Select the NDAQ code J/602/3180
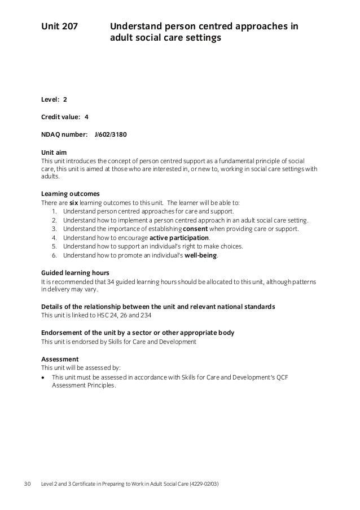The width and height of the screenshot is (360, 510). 115,135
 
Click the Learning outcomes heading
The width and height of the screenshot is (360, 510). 71,194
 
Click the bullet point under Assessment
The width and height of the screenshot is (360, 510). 44,377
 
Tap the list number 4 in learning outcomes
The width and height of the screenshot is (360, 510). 54,238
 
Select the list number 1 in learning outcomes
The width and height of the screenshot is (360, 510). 54,212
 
